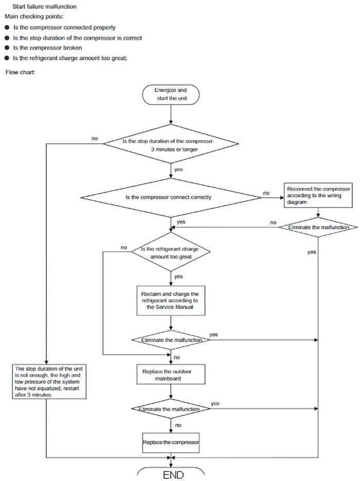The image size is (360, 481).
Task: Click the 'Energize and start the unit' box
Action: [x=171, y=94]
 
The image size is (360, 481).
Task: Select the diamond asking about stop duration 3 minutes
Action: [x=170, y=144]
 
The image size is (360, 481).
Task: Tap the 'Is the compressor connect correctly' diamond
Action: [x=170, y=197]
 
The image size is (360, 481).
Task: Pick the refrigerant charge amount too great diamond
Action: [x=171, y=252]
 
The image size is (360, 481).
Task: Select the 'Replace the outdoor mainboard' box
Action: [x=170, y=373]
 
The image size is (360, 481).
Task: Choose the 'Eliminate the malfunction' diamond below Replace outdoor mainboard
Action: [x=170, y=409]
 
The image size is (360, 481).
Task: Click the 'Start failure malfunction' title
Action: [x=44, y=7]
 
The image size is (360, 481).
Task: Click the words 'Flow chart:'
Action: [x=21, y=72]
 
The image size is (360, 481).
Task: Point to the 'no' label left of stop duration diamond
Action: [x=95, y=138]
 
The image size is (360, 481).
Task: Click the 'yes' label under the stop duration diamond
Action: [x=178, y=169]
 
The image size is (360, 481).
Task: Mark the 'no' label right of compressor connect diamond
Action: [x=266, y=193]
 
